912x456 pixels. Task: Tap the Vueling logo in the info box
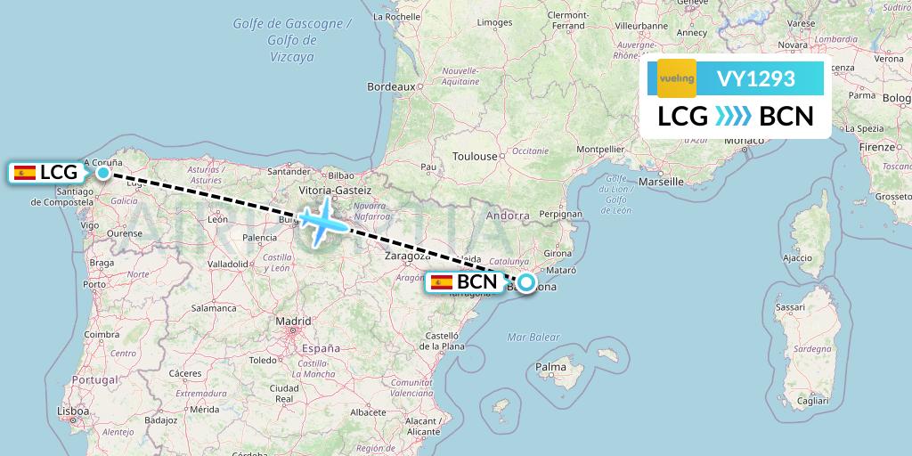pos(676,78)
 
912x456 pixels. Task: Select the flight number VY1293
pos(755,79)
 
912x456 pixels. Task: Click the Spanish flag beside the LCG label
pos(25,173)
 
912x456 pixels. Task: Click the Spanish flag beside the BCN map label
pos(441,283)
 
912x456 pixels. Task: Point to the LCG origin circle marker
pos(103,173)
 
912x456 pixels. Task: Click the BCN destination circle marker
pos(526,283)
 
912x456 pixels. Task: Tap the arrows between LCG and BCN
pos(734,117)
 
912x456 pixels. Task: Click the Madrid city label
pos(293,321)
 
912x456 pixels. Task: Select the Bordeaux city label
pos(392,87)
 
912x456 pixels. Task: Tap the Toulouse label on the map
pos(475,157)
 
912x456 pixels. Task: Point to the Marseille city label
pos(661,181)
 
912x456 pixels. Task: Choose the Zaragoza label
pos(409,255)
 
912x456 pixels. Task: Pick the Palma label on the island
pos(551,366)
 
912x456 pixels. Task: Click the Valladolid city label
pos(228,265)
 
